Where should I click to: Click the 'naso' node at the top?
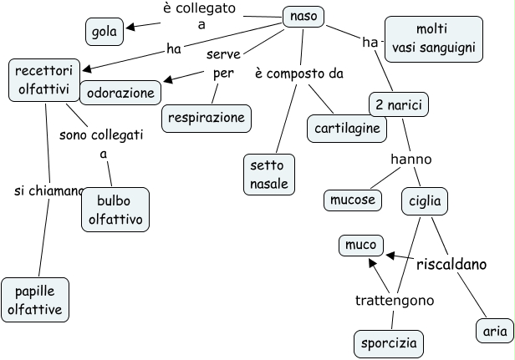point(303,16)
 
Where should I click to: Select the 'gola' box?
point(105,32)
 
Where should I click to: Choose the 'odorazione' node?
point(121,92)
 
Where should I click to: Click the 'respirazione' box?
point(207,117)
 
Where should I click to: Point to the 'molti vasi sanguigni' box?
point(434,38)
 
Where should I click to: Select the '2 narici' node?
point(393,104)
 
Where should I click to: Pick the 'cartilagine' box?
point(348,128)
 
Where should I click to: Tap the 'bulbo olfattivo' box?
point(115,210)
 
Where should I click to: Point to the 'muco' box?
point(361,246)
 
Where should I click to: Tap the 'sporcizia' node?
point(388,343)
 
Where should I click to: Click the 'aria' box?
point(494,331)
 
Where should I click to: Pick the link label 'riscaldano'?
point(451,264)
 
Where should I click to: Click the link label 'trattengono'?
point(394,300)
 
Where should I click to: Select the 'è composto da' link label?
point(298,74)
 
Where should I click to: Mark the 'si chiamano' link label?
point(48,191)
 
